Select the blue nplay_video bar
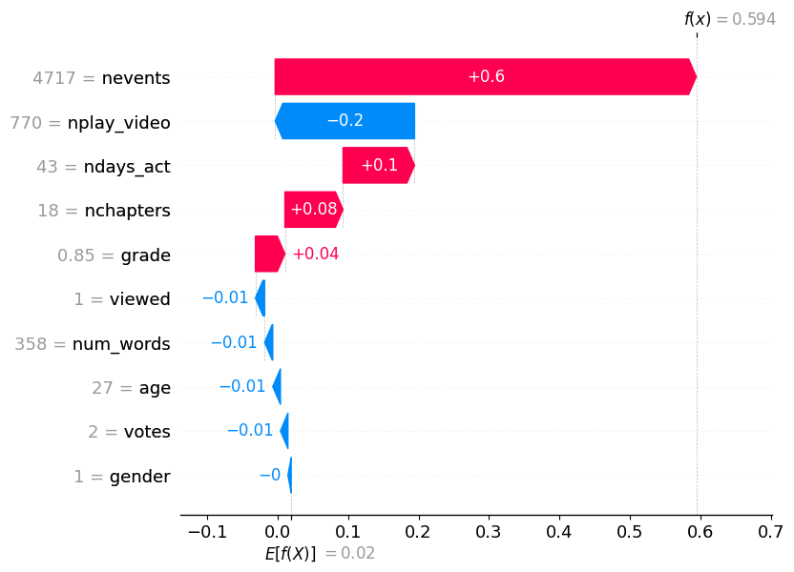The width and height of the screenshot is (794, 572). point(345,121)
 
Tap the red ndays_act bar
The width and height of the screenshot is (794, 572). point(378,166)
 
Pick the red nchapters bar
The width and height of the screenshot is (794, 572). point(313,210)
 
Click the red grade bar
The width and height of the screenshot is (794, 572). point(269,254)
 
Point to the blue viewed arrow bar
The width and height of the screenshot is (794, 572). point(261,298)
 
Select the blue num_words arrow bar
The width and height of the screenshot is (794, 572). point(269,342)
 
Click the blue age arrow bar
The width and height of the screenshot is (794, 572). point(277,386)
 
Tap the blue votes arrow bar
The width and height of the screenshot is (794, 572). point(284,431)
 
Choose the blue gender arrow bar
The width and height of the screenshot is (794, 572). point(290,475)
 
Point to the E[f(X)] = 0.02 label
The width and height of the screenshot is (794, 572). point(320,553)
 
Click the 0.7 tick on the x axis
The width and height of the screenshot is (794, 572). point(770,530)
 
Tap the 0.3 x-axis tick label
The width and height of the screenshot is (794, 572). point(489,530)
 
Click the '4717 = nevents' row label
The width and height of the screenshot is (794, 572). point(101,78)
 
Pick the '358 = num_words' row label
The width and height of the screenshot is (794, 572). point(93,343)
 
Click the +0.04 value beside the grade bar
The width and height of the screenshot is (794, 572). point(315,254)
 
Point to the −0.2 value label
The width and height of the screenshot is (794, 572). point(345,121)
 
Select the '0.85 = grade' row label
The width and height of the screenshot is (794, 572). point(114,255)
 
